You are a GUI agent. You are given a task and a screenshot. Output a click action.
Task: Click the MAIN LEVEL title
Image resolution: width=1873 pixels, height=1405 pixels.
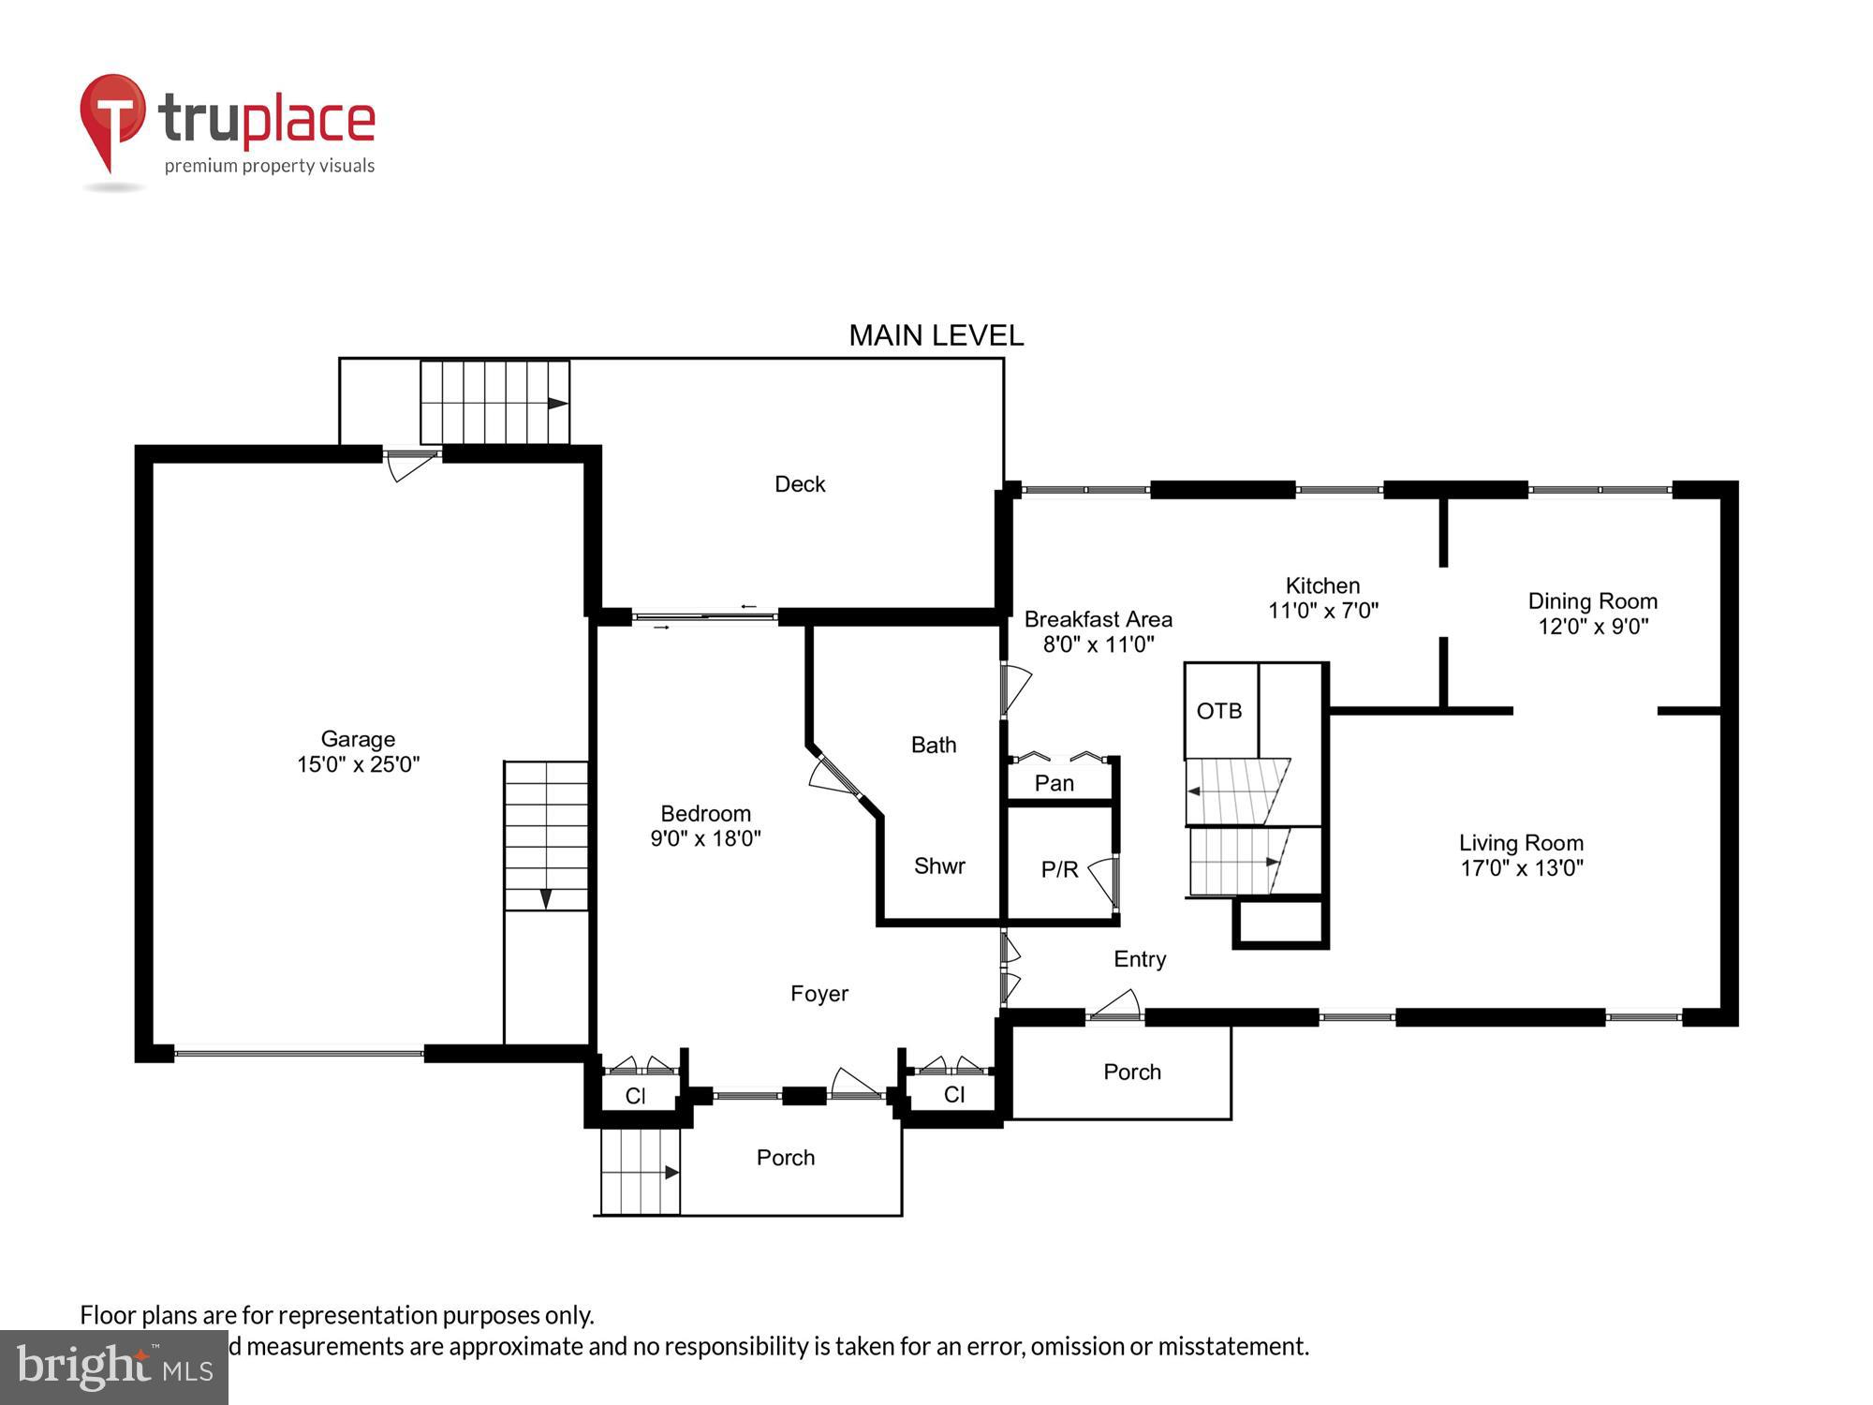[936, 335]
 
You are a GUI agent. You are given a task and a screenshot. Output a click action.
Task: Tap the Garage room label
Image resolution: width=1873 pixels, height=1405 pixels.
[358, 739]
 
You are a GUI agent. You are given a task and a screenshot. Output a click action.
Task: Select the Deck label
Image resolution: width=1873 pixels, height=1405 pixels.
[800, 484]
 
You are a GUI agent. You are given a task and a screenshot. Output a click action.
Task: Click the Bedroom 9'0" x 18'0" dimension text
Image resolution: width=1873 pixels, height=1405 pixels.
[705, 838]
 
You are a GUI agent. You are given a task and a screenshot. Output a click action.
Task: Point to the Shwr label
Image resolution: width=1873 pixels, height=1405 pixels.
[939, 866]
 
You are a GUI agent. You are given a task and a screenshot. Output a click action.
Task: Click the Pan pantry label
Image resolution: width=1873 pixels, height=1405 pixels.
[1054, 783]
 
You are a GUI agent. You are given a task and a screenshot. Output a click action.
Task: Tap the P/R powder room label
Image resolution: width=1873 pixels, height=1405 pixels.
[1059, 869]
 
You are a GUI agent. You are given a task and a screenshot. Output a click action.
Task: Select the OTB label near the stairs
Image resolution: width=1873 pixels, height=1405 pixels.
[1218, 711]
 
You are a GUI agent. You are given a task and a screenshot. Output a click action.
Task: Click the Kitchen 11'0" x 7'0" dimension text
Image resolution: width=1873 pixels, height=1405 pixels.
[1322, 611]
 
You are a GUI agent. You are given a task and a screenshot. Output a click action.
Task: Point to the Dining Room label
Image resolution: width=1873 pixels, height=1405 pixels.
[1592, 601]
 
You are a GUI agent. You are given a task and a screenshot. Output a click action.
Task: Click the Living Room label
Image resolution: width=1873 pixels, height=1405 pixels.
[1521, 843]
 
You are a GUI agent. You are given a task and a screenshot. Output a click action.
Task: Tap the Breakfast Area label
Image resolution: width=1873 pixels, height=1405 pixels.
[1098, 619]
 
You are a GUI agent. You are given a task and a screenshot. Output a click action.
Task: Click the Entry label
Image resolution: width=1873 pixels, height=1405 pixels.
[1140, 959]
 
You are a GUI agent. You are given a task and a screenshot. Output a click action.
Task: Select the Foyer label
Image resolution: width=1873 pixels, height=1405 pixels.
[819, 994]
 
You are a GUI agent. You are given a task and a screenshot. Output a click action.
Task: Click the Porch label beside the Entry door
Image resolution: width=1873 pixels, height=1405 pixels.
[1131, 1072]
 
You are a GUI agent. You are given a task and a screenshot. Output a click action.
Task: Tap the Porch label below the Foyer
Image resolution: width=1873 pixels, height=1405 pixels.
[785, 1158]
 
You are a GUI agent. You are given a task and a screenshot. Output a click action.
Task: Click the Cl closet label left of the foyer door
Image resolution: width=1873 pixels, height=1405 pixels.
[635, 1096]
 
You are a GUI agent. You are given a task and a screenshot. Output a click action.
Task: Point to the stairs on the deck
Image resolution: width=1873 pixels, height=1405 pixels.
[494, 402]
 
